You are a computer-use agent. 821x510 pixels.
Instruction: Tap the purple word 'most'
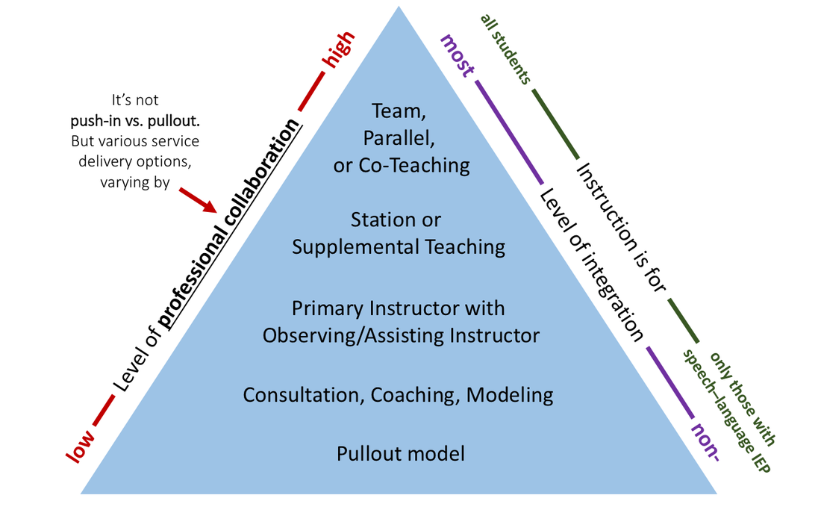coord(458,55)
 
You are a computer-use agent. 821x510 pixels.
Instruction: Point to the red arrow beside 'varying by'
coord(199,201)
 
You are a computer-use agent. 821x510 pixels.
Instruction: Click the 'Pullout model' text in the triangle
coord(401,453)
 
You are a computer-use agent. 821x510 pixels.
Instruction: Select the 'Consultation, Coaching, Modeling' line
coord(398,394)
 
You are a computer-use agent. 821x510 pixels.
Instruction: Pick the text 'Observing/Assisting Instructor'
coord(401,335)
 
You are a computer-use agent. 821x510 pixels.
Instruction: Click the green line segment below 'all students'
coord(555,123)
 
